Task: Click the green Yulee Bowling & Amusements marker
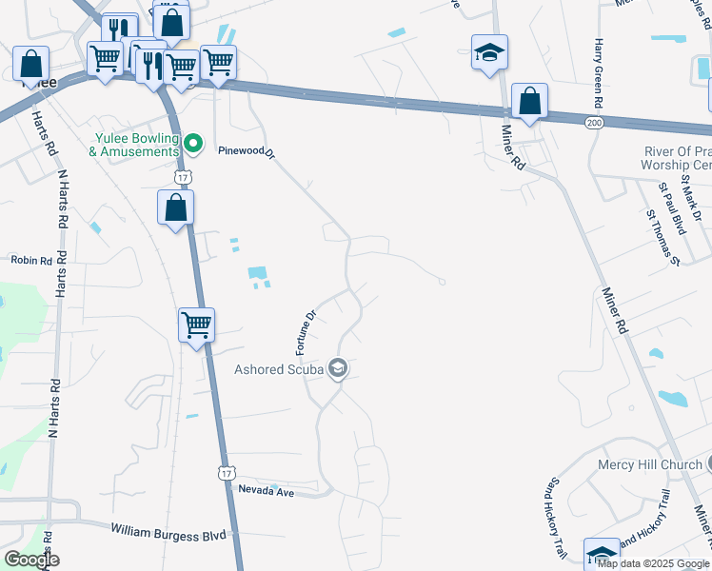pos(193,144)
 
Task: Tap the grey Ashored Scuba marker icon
pos(337,368)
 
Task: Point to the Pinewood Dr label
pos(246,151)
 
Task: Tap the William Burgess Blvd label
pos(169,531)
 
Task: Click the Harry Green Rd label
pos(598,73)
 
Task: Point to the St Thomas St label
pos(663,238)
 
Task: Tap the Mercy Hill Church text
pos(650,465)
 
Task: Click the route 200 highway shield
pos(595,124)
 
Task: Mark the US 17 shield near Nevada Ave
pos(226,473)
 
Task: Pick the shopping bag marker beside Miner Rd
pos(529,101)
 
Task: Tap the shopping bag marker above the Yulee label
pos(31,65)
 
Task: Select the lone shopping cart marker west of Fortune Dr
pos(196,325)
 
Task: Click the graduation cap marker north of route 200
pos(489,51)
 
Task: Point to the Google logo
pos(31,559)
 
